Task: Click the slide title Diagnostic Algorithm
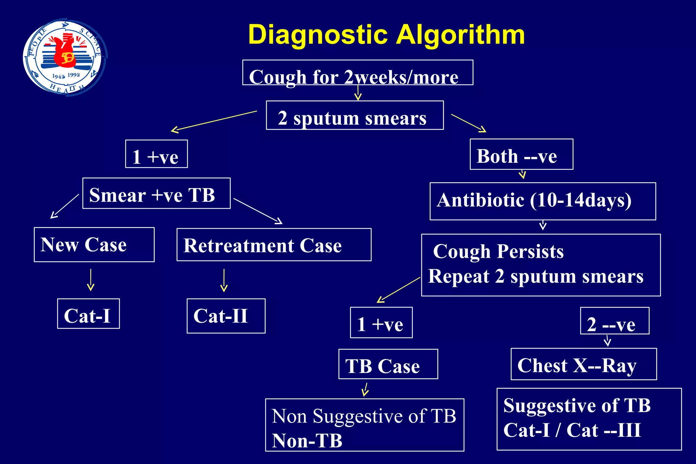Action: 386,35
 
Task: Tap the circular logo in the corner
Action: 65,57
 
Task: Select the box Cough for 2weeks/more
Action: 358,73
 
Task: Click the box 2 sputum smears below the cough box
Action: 355,115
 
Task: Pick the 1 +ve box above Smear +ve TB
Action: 156,154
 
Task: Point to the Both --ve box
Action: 521,155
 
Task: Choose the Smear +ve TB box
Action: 156,194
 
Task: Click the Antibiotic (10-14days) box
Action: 542,201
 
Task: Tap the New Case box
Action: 94,245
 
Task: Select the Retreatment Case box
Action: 274,245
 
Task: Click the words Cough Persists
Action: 498,252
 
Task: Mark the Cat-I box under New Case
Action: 88,314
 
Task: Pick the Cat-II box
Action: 226,316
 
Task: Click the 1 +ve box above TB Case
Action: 381,323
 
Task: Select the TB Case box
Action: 388,364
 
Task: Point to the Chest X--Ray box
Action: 584,364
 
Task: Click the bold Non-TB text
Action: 307,441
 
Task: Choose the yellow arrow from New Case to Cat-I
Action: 91,280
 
